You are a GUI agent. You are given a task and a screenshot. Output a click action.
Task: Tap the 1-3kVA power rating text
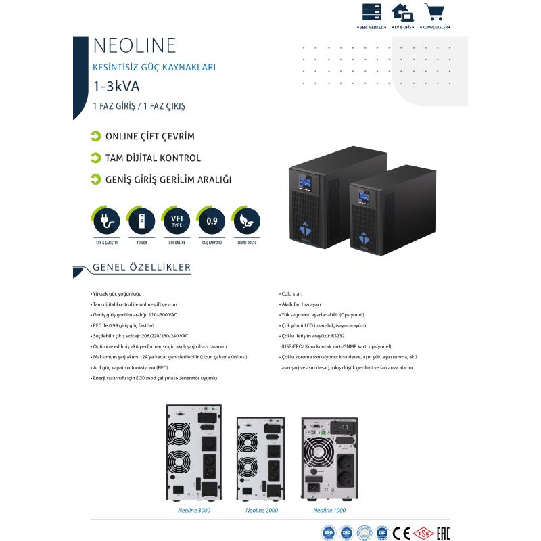116,86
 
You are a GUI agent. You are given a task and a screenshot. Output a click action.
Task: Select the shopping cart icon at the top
434,12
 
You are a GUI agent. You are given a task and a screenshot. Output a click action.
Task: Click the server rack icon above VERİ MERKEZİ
371,12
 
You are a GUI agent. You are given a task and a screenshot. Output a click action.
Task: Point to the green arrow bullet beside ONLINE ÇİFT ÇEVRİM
96,137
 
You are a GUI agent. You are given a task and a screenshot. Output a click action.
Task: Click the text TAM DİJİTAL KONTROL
153,158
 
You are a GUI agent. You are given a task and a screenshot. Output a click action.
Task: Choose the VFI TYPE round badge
177,220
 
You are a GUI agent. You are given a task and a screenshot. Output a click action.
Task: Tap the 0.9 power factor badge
212,220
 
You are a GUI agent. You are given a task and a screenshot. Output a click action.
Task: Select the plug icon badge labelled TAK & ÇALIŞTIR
106,220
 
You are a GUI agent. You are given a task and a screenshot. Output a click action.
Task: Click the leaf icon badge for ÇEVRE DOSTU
246,220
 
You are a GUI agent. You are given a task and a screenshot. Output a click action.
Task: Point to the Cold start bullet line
292,295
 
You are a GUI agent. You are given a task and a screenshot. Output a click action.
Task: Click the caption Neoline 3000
194,511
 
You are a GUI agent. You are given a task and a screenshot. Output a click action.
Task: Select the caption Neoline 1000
329,511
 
